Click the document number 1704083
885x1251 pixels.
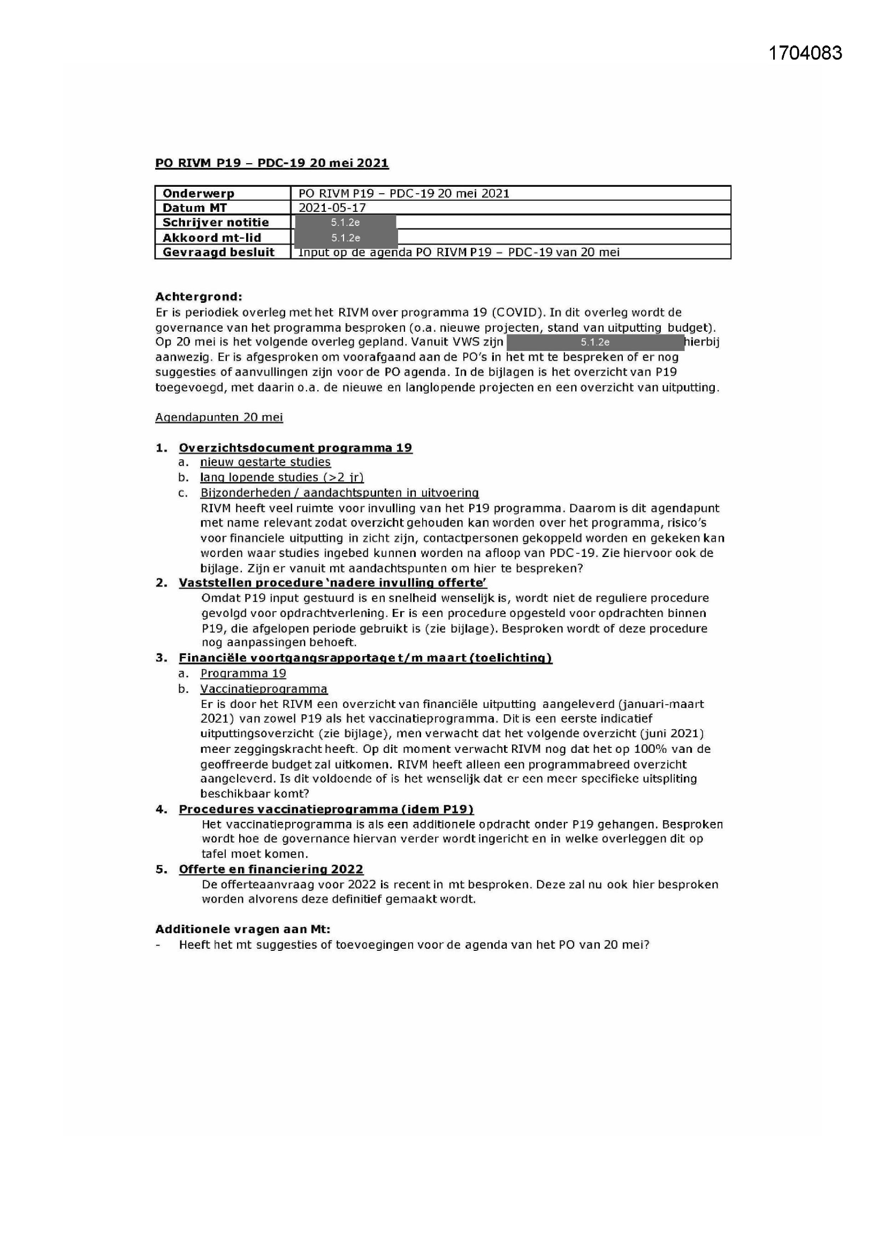click(805, 53)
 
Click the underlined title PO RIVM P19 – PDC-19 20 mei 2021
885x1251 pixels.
click(272, 163)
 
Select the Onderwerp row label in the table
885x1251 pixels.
click(199, 193)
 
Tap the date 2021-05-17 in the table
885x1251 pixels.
click(332, 208)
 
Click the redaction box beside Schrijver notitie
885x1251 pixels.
click(345, 222)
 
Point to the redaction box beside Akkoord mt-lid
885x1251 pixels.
click(346, 238)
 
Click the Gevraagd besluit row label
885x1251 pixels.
click(218, 251)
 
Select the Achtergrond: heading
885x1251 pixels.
click(199, 297)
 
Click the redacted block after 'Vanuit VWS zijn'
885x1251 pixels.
click(594, 342)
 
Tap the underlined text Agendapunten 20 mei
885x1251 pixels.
click(219, 417)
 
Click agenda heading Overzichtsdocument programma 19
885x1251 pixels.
click(295, 448)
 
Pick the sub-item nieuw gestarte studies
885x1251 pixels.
click(265, 462)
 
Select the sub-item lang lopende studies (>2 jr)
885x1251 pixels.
click(282, 477)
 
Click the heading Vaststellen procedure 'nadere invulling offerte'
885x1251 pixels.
click(332, 583)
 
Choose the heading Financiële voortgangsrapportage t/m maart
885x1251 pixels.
click(365, 658)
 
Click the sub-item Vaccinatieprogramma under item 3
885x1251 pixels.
click(264, 689)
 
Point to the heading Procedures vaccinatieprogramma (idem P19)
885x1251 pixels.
click(326, 809)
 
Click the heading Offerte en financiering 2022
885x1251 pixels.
click(271, 869)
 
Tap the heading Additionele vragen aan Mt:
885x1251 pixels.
click(242, 929)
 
